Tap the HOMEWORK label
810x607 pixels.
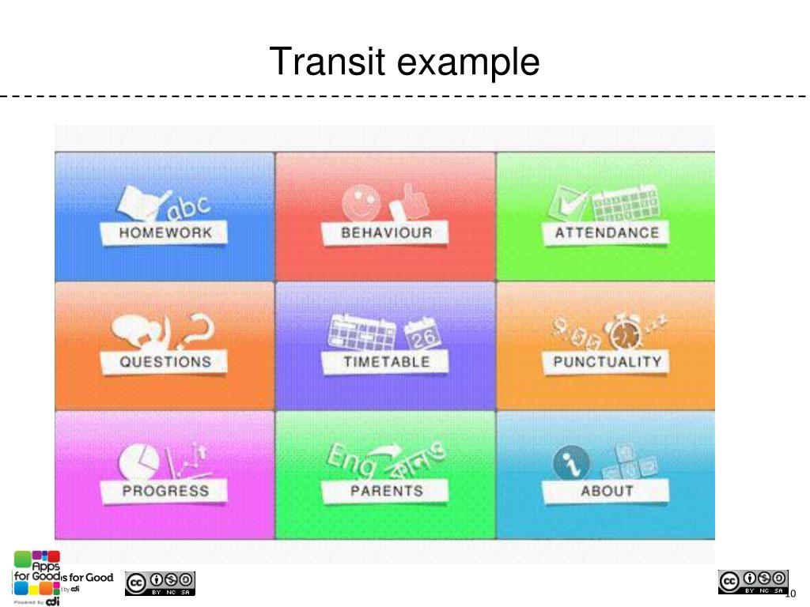[165, 233]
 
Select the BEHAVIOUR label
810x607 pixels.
[386, 233]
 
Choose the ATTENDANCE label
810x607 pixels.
[607, 233]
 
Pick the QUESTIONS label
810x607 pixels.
[165, 362]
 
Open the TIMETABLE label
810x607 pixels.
[386, 362]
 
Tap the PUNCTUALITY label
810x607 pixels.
[607, 362]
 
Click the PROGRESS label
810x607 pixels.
[165, 491]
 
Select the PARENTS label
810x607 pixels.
[386, 491]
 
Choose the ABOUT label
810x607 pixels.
[607, 491]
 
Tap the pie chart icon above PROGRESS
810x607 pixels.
[136, 462]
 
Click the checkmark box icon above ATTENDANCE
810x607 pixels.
[568, 204]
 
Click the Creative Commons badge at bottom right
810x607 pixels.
[752, 582]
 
